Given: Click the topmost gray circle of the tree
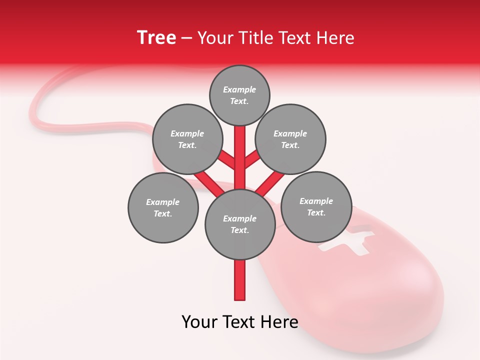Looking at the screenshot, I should coord(239,95).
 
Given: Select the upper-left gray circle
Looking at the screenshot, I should coord(187,139).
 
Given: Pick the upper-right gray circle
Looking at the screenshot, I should coord(290,139).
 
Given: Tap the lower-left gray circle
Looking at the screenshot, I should coord(162,208).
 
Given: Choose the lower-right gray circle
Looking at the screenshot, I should coord(316,207).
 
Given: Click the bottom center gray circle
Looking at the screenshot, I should coord(240,224).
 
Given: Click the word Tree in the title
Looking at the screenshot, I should coord(156,38).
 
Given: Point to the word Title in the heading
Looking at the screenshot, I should coord(256,38).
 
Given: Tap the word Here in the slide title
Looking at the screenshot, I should coord(335,38).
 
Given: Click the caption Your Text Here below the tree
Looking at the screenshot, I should coord(239,322).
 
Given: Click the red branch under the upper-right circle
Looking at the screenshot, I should coord(252,159).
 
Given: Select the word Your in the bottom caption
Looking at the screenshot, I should coord(199,322).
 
